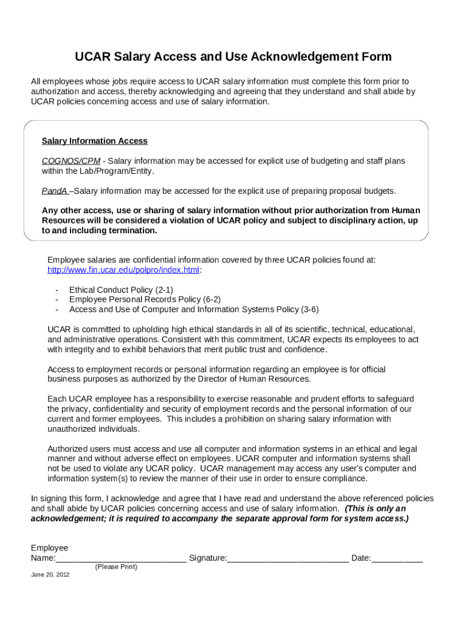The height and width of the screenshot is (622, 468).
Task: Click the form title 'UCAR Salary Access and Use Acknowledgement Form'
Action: tap(233, 57)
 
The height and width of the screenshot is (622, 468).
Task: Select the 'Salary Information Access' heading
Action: tap(94, 141)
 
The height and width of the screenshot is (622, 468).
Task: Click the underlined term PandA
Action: tap(54, 191)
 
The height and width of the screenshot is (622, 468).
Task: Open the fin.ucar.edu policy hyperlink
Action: tap(123, 270)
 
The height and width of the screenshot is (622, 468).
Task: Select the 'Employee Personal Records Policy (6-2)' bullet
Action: tap(145, 299)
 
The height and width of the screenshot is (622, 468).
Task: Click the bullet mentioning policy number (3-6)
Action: tap(193, 309)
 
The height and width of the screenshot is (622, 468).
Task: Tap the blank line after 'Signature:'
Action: tap(288, 559)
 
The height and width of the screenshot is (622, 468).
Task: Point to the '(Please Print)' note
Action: tap(116, 567)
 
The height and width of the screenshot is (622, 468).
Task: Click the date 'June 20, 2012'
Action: tap(50, 575)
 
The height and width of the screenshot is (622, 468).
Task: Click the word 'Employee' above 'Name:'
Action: tap(50, 548)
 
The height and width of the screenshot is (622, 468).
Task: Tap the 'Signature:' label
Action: tap(208, 558)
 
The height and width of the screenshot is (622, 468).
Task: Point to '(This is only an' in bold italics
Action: tap(375, 508)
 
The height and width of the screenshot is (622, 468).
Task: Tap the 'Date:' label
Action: tap(361, 558)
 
